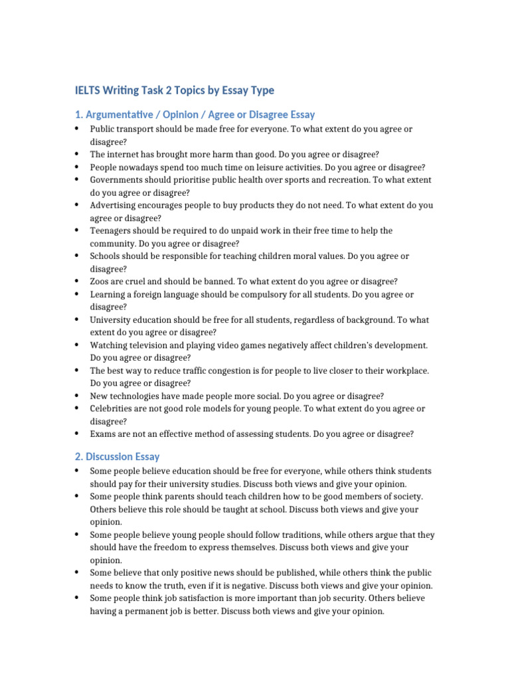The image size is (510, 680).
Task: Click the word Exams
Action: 102,434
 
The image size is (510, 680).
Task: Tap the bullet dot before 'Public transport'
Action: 77,129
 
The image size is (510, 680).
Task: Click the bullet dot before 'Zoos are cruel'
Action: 77,282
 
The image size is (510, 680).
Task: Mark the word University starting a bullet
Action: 110,319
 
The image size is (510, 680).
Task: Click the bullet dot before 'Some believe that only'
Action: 77,572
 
